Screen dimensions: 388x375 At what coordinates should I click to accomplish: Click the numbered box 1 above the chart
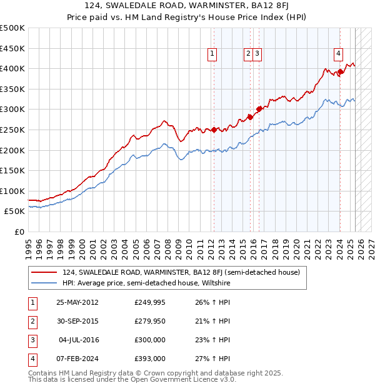[212, 54]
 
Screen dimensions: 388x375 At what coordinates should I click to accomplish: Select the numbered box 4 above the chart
[338, 54]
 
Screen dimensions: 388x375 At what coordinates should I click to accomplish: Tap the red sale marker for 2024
[340, 71]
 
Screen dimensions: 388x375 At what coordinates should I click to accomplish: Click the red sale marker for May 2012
[214, 130]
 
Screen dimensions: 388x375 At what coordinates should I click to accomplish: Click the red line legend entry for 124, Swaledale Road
[181, 272]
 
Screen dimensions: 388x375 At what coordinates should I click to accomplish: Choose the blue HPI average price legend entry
[146, 283]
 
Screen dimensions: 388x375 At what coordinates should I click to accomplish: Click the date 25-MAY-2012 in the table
[77, 303]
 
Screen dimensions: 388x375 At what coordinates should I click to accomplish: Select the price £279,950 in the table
[150, 321]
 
